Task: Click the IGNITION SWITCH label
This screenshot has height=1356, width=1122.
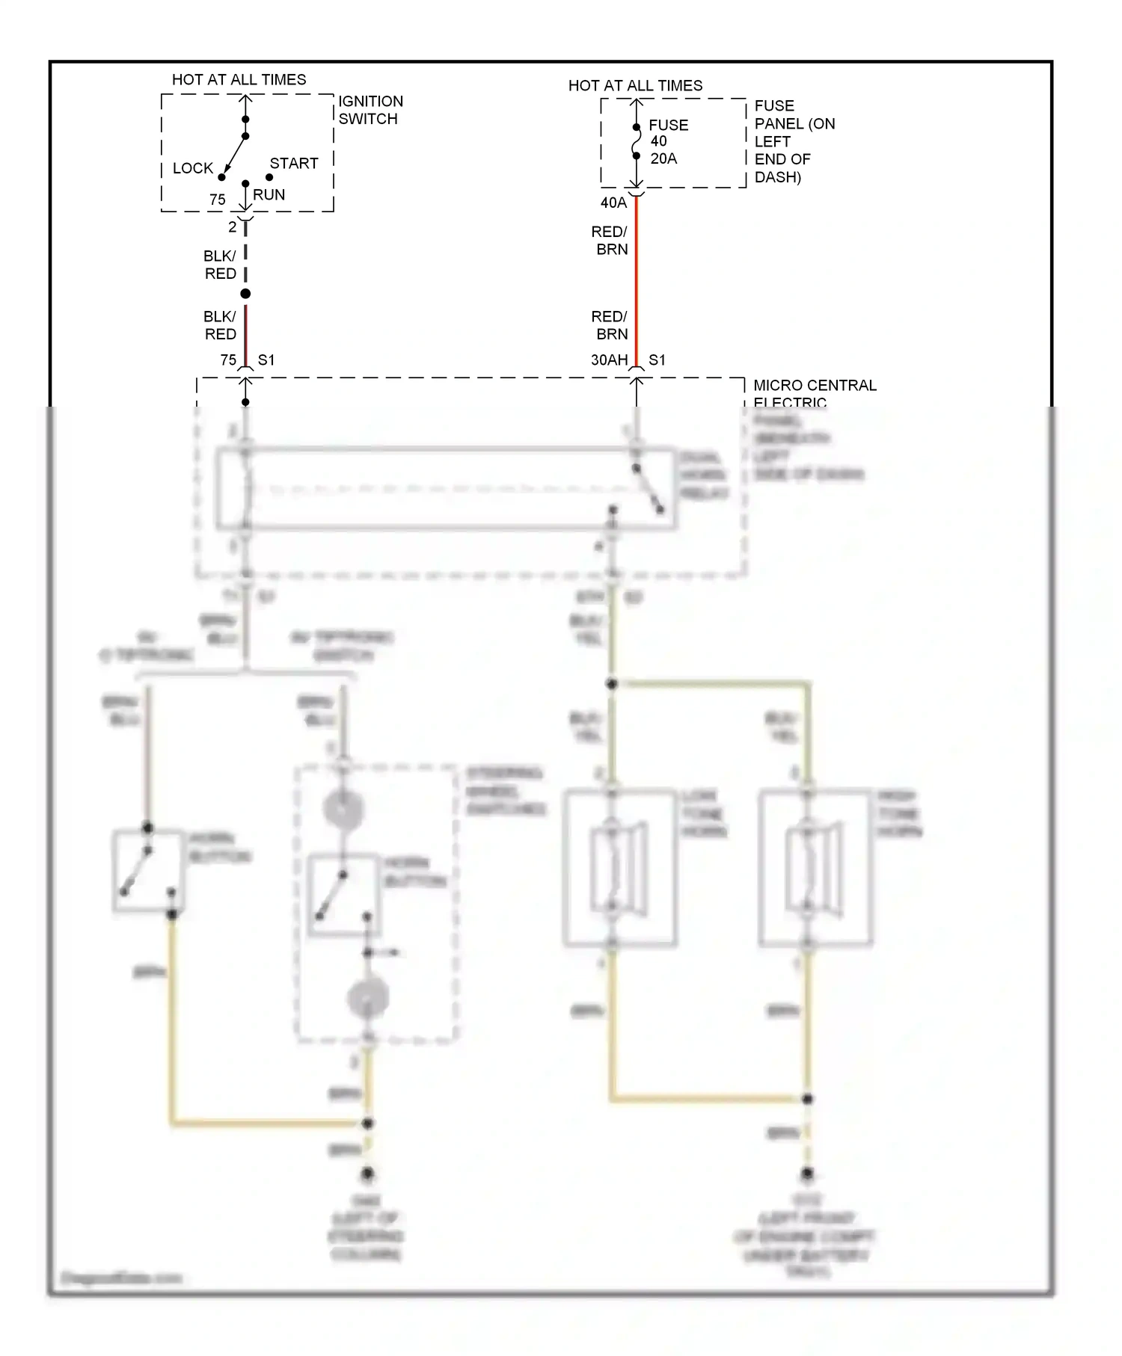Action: coord(370,110)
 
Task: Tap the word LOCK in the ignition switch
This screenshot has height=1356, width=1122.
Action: coord(193,168)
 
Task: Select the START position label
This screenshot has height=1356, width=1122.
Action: coord(294,163)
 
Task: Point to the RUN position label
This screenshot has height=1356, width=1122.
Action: coord(269,194)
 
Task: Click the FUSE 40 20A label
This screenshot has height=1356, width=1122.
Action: coord(666,141)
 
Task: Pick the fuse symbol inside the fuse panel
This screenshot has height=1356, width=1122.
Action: coord(636,142)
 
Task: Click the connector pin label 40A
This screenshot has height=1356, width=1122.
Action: coord(613,203)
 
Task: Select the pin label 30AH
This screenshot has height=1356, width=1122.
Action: coord(609,360)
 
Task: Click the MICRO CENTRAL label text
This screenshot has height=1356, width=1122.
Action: coord(814,386)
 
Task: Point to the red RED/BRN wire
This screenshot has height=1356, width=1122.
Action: coord(636,284)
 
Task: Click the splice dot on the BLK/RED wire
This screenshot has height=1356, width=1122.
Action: coord(245,294)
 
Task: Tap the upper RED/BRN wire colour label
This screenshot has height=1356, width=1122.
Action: coord(610,241)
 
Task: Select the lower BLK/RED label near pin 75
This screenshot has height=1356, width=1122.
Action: coord(220,325)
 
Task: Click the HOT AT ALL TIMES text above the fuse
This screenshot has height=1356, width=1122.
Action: coord(635,85)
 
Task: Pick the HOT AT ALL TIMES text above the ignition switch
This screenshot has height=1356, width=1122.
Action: coord(239,79)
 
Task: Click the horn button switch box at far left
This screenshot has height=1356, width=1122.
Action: coord(148,871)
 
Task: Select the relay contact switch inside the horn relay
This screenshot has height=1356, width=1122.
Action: coord(648,490)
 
